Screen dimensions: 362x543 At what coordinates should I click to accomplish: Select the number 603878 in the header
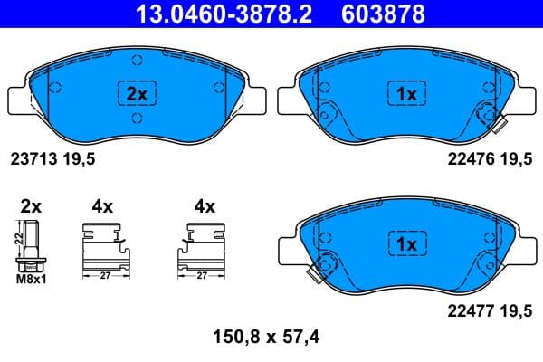pyautogui.click(x=382, y=14)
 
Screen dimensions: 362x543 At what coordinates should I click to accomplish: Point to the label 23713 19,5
pyautogui.click(x=51, y=157)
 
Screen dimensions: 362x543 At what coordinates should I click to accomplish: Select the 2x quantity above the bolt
pyautogui.click(x=32, y=206)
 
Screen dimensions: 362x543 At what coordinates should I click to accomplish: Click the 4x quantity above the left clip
pyautogui.click(x=101, y=206)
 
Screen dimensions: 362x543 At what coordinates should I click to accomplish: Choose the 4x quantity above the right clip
pyautogui.click(x=204, y=206)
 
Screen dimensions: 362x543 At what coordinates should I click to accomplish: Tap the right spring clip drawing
pyautogui.click(x=205, y=247)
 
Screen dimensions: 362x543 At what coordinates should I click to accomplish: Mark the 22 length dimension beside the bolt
pyautogui.click(x=18, y=239)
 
